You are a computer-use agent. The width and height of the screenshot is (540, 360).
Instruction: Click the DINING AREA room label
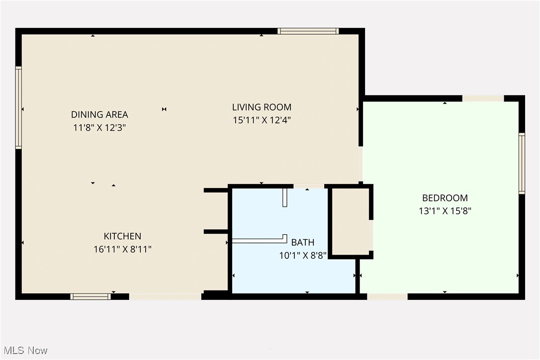pos(99,115)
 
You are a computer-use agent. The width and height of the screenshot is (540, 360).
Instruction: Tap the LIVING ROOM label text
pos(262,107)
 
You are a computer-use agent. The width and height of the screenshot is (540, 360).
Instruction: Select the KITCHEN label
pos(122,236)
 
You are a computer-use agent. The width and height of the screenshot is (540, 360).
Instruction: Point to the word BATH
pos(303,243)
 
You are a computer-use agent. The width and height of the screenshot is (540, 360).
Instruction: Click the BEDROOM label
pos(445,198)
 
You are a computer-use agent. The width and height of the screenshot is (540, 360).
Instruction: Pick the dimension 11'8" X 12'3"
pos(99,128)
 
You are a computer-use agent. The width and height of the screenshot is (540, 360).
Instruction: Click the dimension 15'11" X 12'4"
pos(262,120)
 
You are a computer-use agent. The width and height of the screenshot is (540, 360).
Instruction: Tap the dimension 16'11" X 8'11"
pos(122,249)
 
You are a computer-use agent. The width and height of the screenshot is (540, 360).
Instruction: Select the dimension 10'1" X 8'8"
pos(303,256)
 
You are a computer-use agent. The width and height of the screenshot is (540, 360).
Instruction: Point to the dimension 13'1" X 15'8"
pos(445,211)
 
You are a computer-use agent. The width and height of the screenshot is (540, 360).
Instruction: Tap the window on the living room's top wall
pos(308,31)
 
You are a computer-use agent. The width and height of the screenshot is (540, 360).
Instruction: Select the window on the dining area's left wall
pos(18,108)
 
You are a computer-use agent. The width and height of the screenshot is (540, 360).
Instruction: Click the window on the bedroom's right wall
pos(522,163)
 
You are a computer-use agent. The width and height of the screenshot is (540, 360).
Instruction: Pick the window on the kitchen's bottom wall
pos(90,296)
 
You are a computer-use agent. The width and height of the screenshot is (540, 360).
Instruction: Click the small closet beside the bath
pos(351,222)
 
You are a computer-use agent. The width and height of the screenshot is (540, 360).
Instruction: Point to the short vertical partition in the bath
pos(285,197)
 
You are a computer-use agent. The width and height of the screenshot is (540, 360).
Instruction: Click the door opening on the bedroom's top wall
pos(483,98)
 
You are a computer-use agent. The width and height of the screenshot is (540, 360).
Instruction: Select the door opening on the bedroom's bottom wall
pos(387,296)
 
